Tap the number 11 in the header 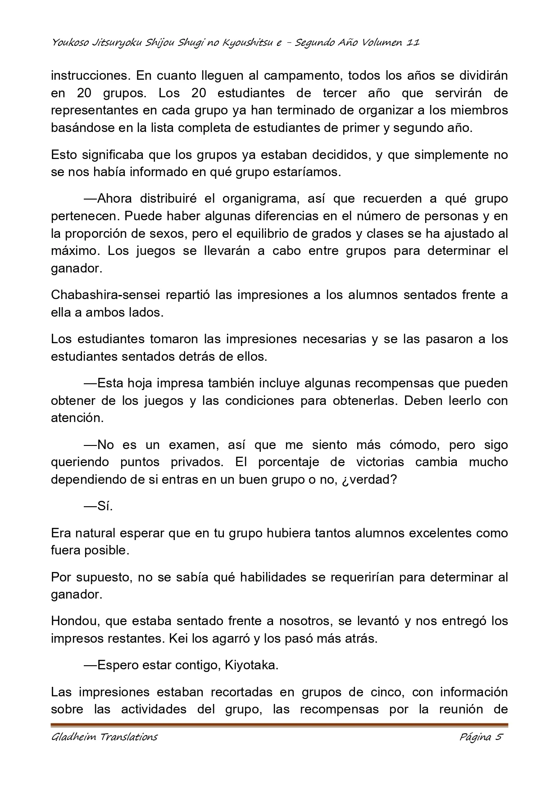click(413, 43)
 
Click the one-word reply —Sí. click(98, 506)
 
